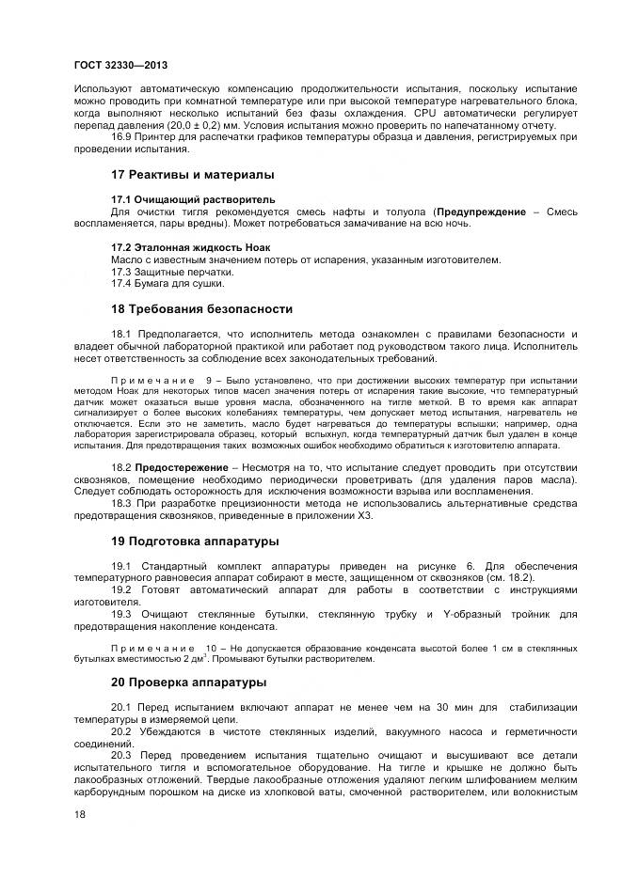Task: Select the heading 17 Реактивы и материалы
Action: pyautogui.click(x=193, y=175)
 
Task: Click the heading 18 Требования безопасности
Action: pyautogui.click(x=201, y=308)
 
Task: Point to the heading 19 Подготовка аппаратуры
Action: pyautogui.click(x=195, y=542)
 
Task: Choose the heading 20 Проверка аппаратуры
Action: pyautogui.click(x=188, y=682)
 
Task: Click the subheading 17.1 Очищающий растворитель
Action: pyautogui.click(x=193, y=199)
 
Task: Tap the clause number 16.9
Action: pyautogui.click(x=123, y=138)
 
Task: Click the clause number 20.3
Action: pyautogui.click(x=123, y=755)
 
